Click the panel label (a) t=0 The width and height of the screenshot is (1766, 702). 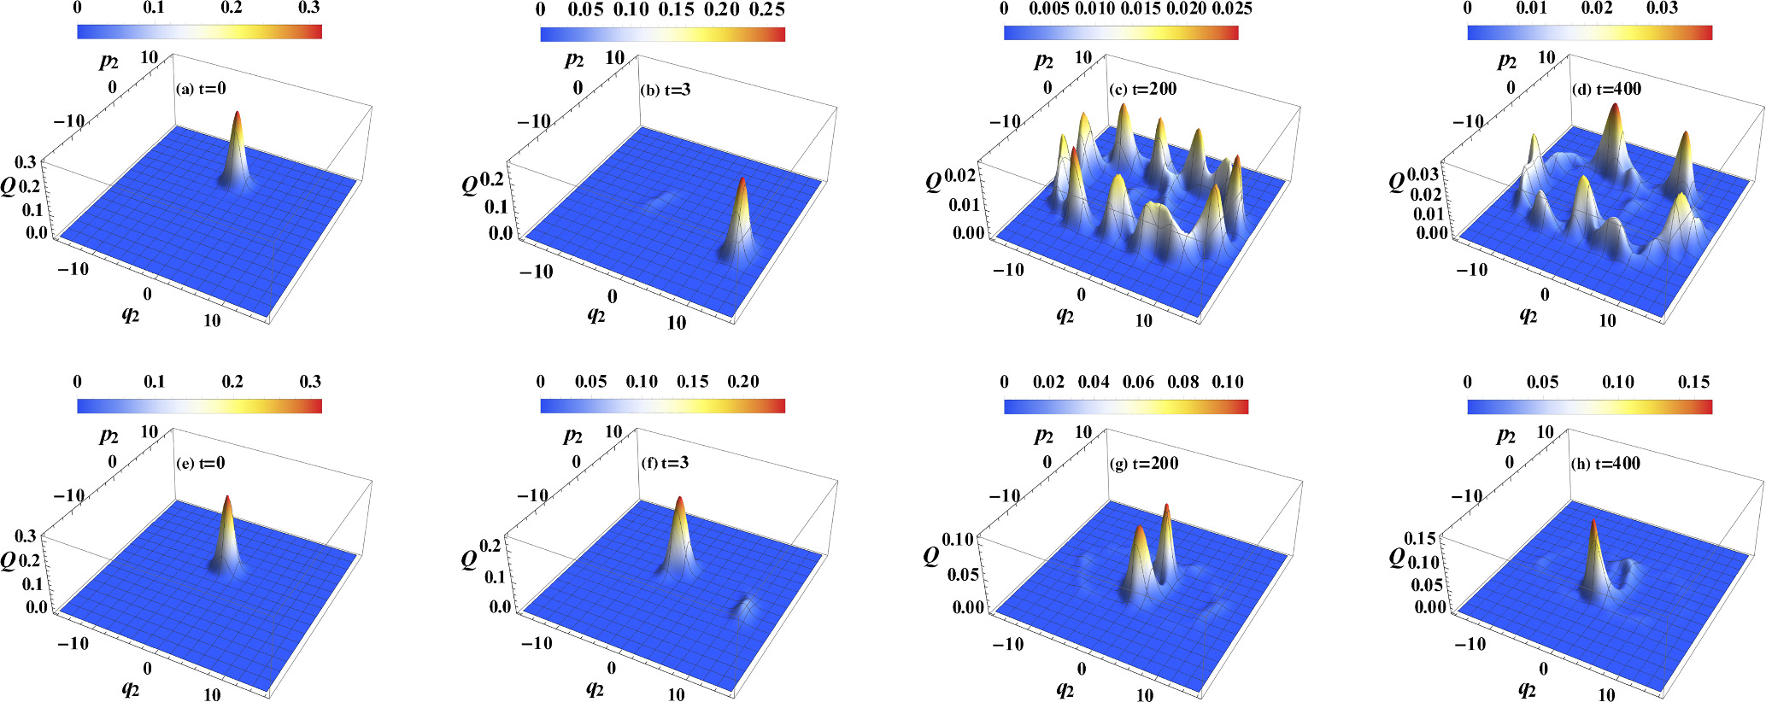(x=201, y=89)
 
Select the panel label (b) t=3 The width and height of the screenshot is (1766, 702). (x=665, y=90)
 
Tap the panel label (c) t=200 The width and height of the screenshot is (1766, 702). (x=1142, y=89)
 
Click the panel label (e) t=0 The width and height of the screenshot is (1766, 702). (x=201, y=464)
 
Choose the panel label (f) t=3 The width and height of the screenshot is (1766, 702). (x=665, y=464)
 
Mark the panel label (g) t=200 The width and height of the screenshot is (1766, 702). (x=1143, y=464)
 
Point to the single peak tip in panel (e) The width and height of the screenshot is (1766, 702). (x=227, y=496)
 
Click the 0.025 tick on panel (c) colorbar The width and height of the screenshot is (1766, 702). (x=1231, y=9)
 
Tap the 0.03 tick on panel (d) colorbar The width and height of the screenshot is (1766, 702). (x=1662, y=9)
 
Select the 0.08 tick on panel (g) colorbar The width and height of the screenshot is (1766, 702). (x=1183, y=382)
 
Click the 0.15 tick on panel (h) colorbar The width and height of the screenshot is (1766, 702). (x=1693, y=382)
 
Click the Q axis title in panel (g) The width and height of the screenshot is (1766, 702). (x=932, y=557)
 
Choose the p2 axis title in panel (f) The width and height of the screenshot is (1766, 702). (x=572, y=436)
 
